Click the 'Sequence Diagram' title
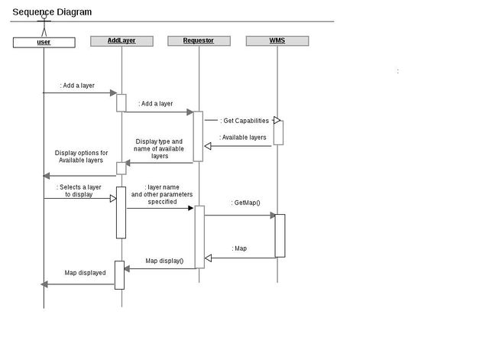[x=52, y=12]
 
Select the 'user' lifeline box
[x=44, y=42]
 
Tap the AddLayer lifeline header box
[x=121, y=41]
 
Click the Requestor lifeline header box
[x=199, y=41]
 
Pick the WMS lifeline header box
[x=277, y=41]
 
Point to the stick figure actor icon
[x=44, y=28]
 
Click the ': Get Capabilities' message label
[x=244, y=121]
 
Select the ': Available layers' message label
[x=243, y=138]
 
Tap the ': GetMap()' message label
[x=246, y=203]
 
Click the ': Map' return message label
[x=239, y=248]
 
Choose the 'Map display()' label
[x=164, y=261]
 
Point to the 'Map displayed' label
[x=85, y=273]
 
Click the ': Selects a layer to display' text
[x=79, y=190]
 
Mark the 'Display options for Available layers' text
[x=81, y=157]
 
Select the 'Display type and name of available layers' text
[x=160, y=148]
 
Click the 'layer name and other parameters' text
[x=162, y=194]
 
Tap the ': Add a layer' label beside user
[x=77, y=86]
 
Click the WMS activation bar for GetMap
[x=280, y=235]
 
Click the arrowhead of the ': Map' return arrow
[x=208, y=258]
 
